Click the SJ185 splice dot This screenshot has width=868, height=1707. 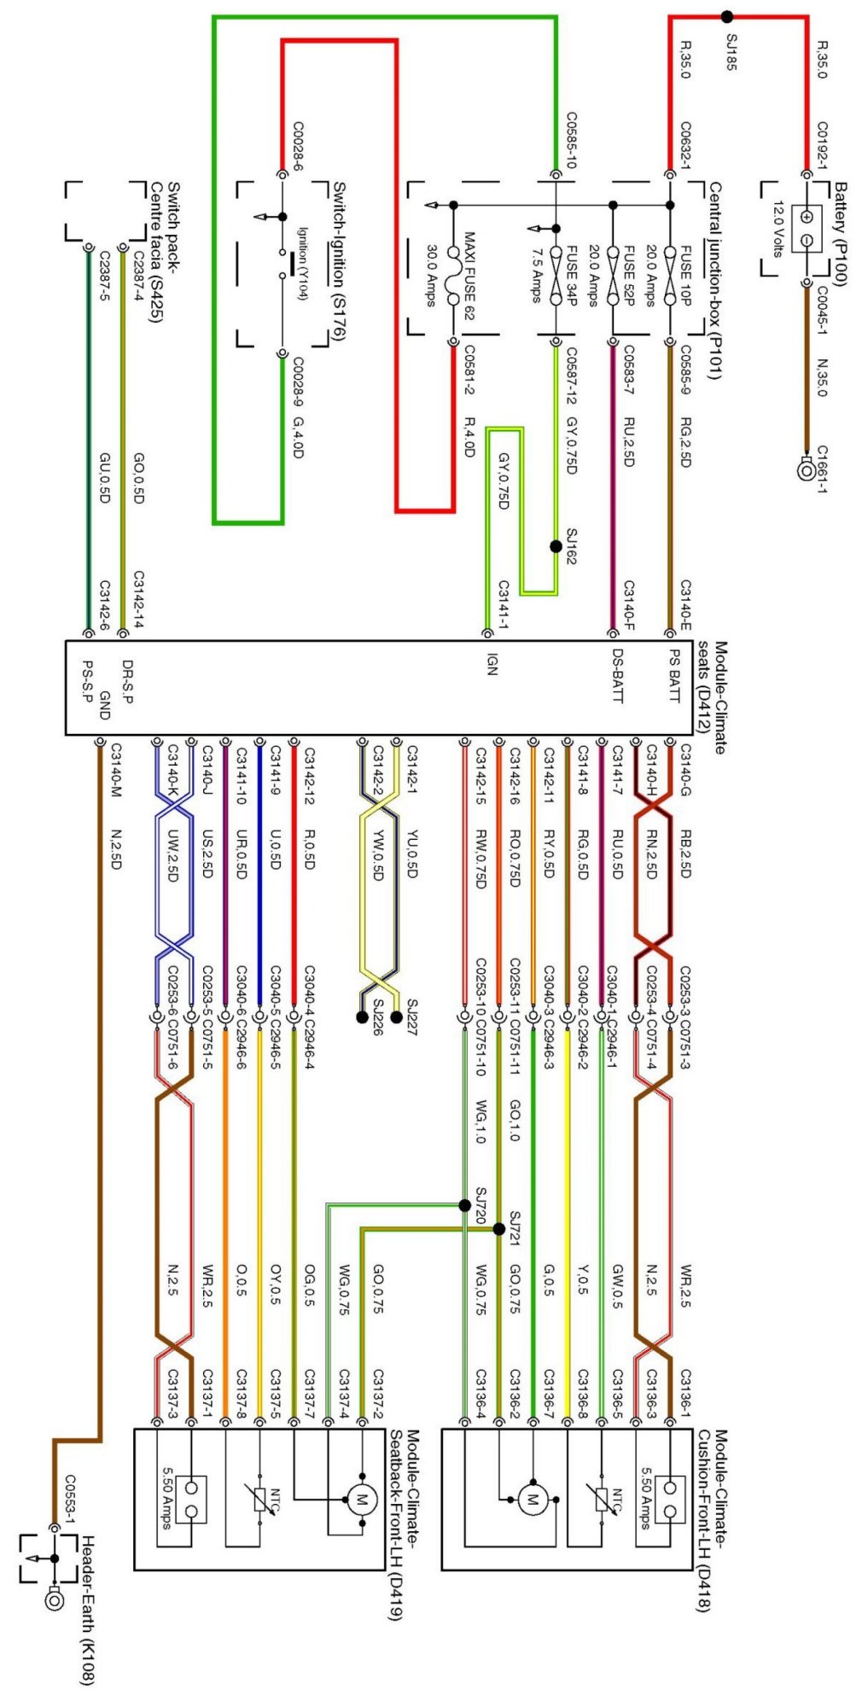726,16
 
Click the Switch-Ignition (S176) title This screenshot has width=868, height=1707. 338,260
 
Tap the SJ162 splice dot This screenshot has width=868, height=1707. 556,546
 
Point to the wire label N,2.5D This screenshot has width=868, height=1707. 116,849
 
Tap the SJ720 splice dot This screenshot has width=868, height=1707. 464,1205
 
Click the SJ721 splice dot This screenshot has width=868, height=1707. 499,1229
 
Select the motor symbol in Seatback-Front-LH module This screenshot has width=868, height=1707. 362,1499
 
